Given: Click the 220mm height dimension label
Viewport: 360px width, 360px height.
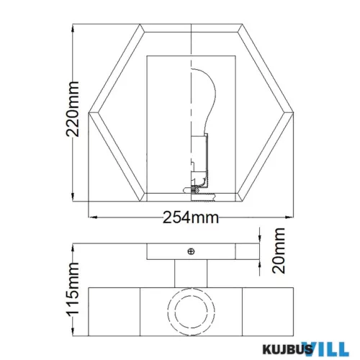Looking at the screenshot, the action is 73,109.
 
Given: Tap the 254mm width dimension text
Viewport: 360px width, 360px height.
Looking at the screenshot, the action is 191,217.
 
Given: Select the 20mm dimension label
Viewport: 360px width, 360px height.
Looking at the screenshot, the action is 279,251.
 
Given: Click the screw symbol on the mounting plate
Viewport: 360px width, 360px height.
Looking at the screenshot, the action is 191,251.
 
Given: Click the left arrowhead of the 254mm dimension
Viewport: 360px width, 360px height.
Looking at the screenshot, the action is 93,217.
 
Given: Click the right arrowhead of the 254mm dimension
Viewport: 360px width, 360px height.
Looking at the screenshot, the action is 289,217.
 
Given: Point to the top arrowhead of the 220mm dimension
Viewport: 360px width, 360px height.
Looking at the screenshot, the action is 73,28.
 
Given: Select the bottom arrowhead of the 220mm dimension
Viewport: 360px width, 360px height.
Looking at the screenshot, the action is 73,197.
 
